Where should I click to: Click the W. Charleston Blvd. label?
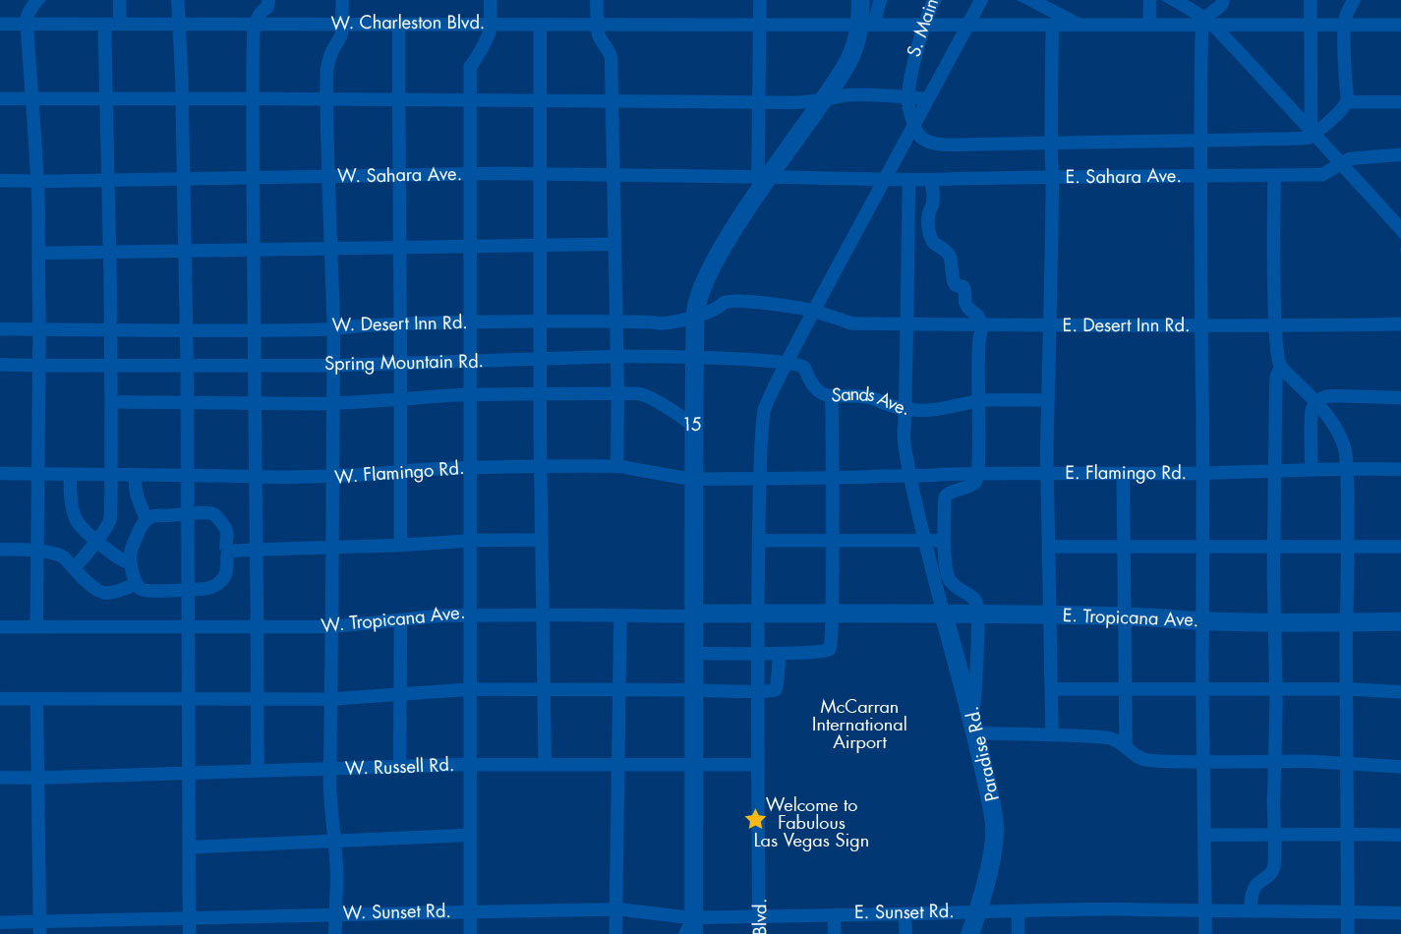tap(407, 23)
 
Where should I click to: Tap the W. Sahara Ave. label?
tap(399, 175)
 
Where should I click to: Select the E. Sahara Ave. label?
tap(1123, 177)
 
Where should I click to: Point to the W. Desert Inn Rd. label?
tap(399, 323)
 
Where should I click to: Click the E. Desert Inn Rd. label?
tap(1126, 325)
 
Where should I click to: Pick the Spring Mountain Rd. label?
tap(403, 363)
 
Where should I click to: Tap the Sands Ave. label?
tap(869, 399)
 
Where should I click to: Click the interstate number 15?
tap(692, 425)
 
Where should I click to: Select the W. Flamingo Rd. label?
tap(398, 473)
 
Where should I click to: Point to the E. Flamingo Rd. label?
tap(1125, 473)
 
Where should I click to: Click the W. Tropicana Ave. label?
tap(392, 619)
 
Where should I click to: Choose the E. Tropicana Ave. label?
tap(1130, 617)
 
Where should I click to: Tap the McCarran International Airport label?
tap(859, 725)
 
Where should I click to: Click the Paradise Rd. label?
tap(983, 754)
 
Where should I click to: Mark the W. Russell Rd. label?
tap(399, 766)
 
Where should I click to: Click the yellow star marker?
tap(755, 819)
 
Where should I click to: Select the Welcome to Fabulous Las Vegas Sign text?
tap(812, 823)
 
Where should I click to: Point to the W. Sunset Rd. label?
tap(396, 912)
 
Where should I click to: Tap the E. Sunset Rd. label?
tap(904, 912)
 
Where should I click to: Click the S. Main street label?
tap(922, 29)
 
